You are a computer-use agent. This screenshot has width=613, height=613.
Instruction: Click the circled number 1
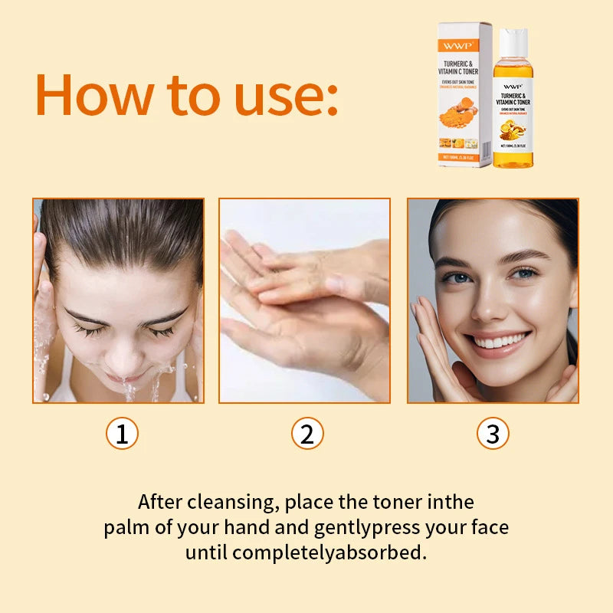click(121, 434)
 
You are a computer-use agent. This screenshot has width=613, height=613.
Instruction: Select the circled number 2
click(307, 434)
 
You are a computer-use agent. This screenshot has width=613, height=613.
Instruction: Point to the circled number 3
click(493, 434)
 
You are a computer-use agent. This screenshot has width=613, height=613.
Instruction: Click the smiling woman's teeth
click(500, 340)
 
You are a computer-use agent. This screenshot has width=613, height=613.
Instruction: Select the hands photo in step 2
click(305, 300)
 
